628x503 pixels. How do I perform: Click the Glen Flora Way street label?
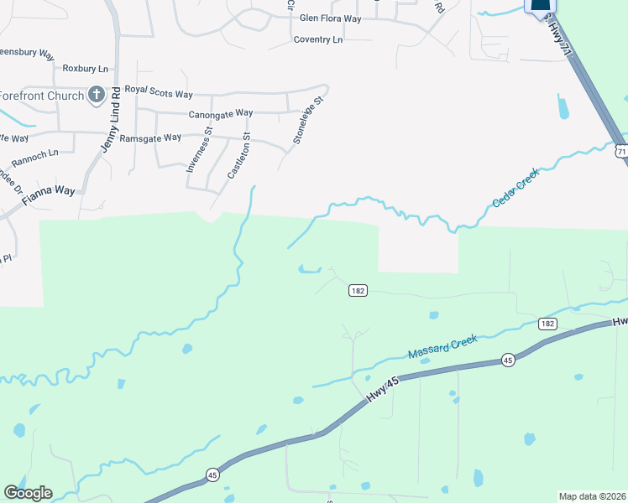tap(330, 18)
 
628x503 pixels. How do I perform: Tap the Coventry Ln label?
tap(318, 39)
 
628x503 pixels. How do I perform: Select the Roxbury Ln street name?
tap(86, 68)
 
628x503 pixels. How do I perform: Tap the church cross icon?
tap(97, 94)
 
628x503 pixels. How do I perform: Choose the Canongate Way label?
tap(221, 113)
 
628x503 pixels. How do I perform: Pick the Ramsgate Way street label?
tap(150, 137)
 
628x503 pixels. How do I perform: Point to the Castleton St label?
tap(239, 155)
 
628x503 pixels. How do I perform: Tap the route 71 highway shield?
tap(620, 151)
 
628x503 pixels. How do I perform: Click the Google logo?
tap(28, 493)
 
